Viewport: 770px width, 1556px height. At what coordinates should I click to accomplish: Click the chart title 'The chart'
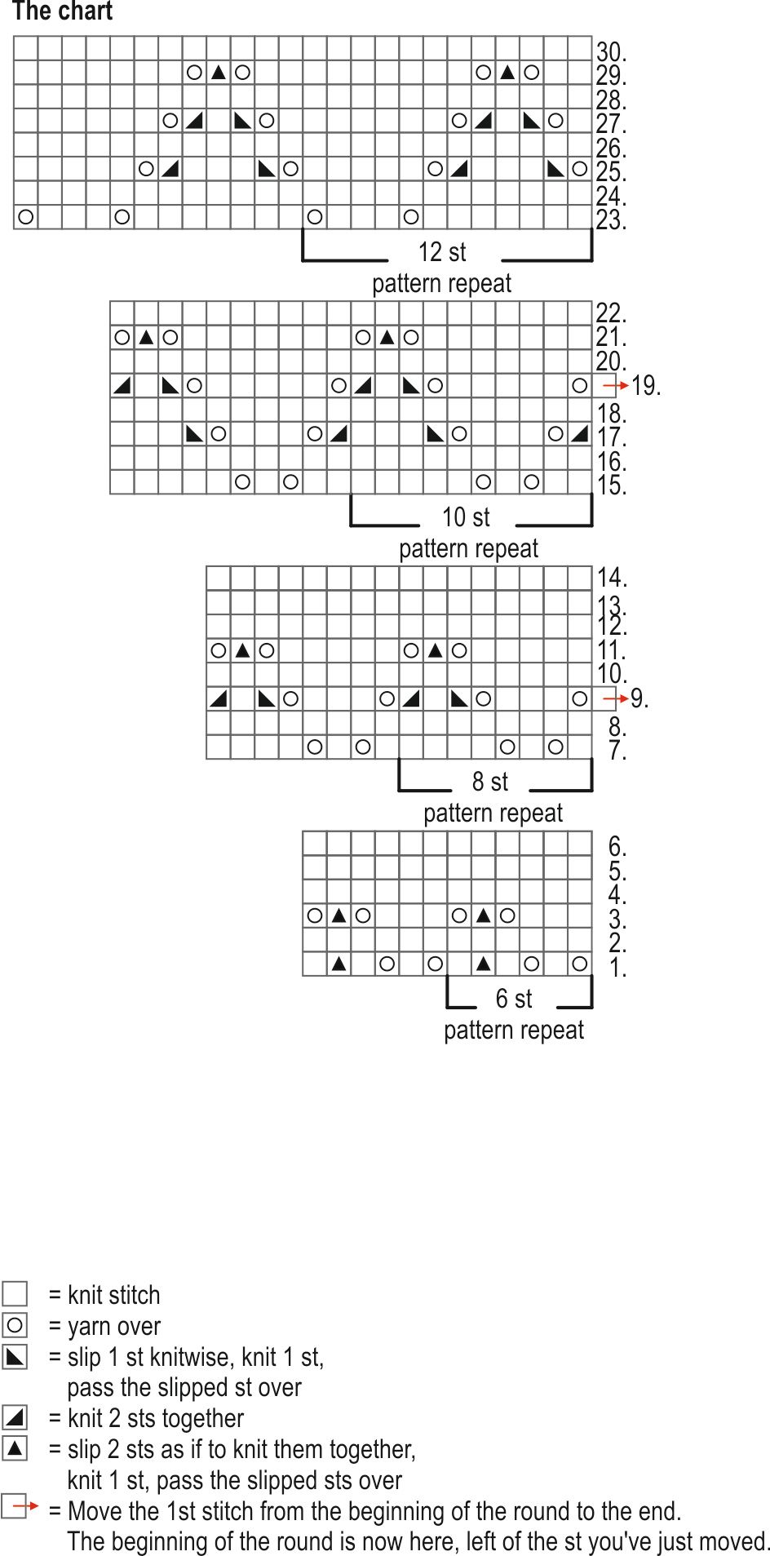coord(62,12)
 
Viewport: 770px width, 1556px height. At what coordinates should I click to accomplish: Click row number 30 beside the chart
coord(610,52)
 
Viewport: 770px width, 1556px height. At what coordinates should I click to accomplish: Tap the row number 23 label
coord(610,221)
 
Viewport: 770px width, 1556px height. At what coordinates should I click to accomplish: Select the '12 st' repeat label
coord(442,252)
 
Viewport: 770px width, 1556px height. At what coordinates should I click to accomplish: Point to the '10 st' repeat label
coord(466,517)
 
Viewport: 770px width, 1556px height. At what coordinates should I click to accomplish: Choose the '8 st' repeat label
coord(489,782)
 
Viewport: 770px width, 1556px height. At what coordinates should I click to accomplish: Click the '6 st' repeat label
coord(514,999)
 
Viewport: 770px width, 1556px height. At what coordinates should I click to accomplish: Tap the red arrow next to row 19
coord(616,385)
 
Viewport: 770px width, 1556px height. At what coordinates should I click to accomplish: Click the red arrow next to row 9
coord(616,698)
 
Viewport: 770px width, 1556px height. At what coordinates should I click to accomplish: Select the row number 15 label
coord(610,486)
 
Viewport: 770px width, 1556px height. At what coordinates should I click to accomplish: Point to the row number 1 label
coord(617,969)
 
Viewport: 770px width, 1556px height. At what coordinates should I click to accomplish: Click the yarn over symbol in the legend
coord(15,1325)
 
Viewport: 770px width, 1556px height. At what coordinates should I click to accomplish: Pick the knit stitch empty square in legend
coord(15,1294)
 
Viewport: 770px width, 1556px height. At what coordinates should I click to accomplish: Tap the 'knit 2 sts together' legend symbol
coord(15,1418)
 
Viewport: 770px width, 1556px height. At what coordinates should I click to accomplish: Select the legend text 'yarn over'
coord(113,1327)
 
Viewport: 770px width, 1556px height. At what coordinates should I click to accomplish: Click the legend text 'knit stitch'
coord(113,1295)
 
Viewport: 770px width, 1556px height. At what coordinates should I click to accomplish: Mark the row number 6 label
coord(617,846)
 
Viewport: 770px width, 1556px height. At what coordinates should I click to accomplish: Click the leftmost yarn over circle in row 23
coord(26,217)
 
